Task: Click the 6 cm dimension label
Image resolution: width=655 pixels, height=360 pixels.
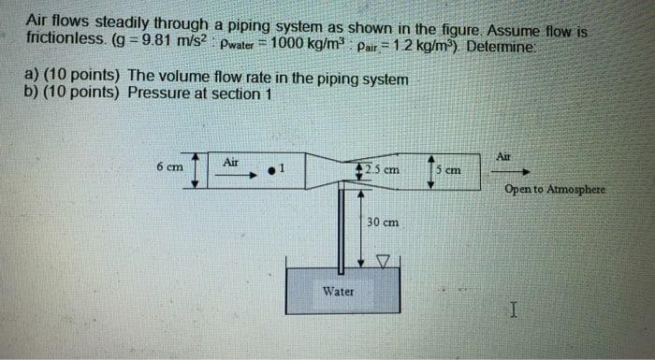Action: (x=168, y=167)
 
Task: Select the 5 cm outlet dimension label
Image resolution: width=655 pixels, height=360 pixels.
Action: (x=450, y=170)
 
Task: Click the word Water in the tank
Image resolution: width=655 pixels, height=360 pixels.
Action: (x=338, y=291)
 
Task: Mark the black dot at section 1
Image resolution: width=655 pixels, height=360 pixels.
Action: (x=270, y=170)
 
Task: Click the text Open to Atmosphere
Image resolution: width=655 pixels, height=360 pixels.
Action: (x=554, y=189)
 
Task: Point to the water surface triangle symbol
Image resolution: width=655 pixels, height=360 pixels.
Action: (x=381, y=260)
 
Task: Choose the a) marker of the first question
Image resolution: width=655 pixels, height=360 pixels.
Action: (x=32, y=79)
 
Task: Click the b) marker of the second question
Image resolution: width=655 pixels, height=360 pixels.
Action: (x=32, y=94)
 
